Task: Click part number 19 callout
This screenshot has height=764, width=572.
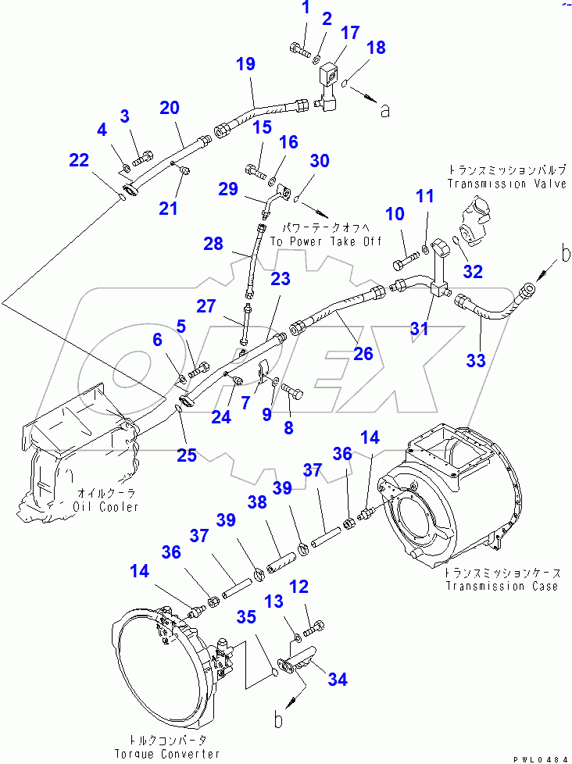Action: click(x=246, y=64)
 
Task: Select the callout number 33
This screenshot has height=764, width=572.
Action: click(x=476, y=360)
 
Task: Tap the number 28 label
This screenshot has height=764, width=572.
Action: click(x=213, y=244)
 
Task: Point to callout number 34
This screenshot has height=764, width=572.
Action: click(x=338, y=679)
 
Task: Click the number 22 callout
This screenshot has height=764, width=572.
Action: click(x=80, y=160)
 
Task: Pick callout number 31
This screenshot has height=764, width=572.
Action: click(x=420, y=328)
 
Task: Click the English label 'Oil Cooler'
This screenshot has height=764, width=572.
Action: click(x=105, y=507)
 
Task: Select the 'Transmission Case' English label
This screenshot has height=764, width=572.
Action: click(x=502, y=586)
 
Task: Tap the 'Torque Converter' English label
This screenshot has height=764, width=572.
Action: click(x=167, y=754)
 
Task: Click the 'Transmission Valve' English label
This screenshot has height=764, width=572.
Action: click(x=507, y=184)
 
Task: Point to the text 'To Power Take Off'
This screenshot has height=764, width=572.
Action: click(x=326, y=241)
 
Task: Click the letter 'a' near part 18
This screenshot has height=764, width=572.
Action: click(x=385, y=112)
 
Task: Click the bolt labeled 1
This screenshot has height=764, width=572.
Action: click(x=300, y=50)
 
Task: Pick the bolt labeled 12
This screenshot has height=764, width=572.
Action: click(x=314, y=627)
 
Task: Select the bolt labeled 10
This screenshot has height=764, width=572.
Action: click(x=405, y=260)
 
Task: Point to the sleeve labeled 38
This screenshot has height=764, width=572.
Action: click(x=281, y=560)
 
